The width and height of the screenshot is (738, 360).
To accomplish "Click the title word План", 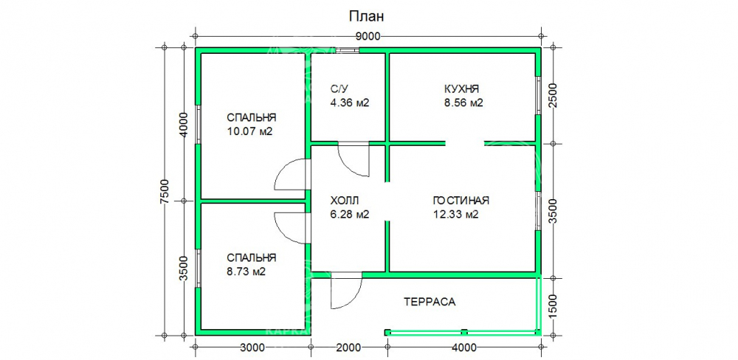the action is click(x=367, y=16).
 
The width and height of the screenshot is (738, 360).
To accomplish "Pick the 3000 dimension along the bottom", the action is click(x=252, y=347).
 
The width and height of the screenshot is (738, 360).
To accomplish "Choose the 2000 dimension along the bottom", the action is click(x=349, y=347).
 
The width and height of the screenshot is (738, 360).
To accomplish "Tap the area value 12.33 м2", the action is click(x=455, y=215).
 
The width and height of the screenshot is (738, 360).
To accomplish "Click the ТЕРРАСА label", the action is click(x=430, y=302).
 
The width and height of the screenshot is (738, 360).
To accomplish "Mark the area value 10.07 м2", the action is click(x=249, y=131).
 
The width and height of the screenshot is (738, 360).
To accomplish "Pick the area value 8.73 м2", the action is click(x=246, y=271).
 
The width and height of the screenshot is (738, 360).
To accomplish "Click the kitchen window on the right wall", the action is click(x=537, y=94).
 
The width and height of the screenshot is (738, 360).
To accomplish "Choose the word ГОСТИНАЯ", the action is click(x=461, y=201).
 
